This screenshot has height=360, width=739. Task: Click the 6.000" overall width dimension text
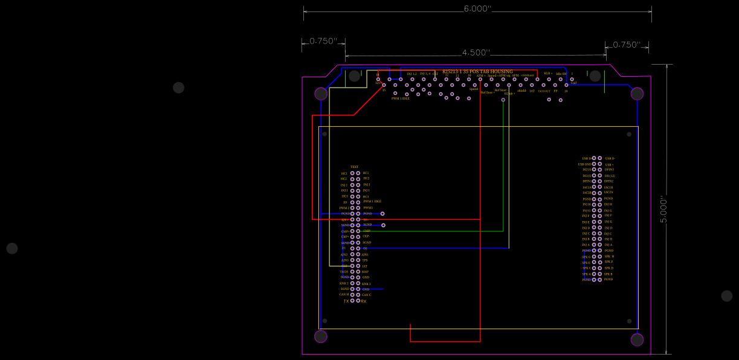[477, 9]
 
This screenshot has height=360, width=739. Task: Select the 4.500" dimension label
[476, 53]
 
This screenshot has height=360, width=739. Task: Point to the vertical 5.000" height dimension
[663, 209]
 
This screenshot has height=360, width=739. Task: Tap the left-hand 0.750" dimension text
[323, 41]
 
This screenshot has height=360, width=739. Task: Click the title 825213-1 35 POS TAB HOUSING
[477, 71]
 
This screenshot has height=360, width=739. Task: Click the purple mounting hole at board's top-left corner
[321, 94]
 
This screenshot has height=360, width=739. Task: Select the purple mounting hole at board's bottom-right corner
[637, 339]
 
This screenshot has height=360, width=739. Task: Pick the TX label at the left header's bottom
[346, 301]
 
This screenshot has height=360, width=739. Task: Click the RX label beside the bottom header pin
[364, 301]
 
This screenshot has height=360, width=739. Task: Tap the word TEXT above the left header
[354, 167]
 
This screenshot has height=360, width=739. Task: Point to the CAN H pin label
[344, 295]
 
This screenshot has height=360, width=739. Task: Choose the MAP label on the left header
[365, 272]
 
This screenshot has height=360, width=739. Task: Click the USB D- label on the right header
[610, 158]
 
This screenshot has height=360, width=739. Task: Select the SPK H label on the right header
[609, 256]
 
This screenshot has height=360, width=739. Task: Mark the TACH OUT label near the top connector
[544, 91]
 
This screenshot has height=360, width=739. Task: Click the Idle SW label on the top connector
[561, 74]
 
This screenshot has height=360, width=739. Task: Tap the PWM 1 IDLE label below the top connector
[400, 98]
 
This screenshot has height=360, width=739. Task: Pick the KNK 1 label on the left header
[366, 283]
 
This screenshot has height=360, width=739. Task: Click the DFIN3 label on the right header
[609, 170]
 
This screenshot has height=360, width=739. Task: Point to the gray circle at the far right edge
[726, 296]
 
